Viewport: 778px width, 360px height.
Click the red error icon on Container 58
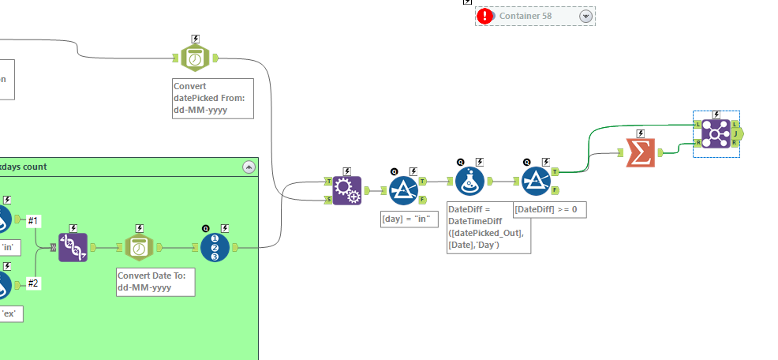[484, 16]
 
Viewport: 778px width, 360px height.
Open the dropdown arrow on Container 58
[585, 16]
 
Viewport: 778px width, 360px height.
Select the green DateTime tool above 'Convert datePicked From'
[194, 58]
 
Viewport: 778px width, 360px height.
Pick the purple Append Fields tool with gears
[346, 190]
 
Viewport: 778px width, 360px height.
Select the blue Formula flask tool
[469, 182]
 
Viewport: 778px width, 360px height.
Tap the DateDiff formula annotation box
[488, 227]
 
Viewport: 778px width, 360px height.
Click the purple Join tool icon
[714, 134]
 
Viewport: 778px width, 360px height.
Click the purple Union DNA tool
[73, 247]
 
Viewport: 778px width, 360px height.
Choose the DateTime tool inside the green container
[139, 247]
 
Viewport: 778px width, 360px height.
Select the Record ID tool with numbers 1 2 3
[215, 247]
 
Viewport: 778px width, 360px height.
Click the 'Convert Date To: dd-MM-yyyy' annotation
[155, 281]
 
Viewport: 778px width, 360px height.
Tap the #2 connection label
[34, 283]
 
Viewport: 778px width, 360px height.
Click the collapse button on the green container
[249, 167]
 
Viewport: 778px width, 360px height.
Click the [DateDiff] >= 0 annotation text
[549, 209]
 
